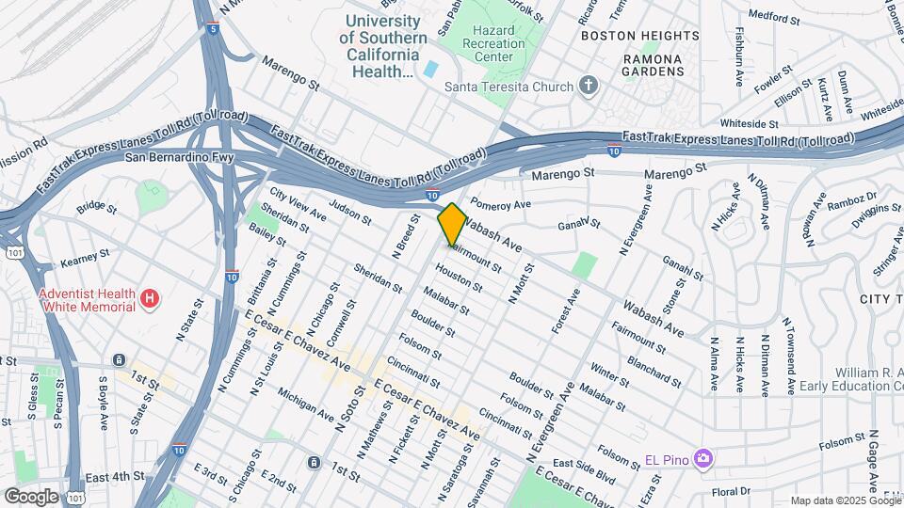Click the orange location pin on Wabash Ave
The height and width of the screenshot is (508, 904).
452,225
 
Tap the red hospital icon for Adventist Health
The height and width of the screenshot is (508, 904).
148,300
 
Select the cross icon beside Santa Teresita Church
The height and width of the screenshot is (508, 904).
589,87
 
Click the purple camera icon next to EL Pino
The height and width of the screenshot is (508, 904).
702,459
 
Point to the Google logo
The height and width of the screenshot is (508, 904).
32,496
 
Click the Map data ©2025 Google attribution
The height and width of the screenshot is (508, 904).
845,500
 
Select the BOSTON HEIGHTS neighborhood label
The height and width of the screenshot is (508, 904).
640,35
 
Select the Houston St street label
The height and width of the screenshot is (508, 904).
459,278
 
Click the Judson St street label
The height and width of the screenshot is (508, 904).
350,213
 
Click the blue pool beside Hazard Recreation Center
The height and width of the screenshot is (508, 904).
430,69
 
